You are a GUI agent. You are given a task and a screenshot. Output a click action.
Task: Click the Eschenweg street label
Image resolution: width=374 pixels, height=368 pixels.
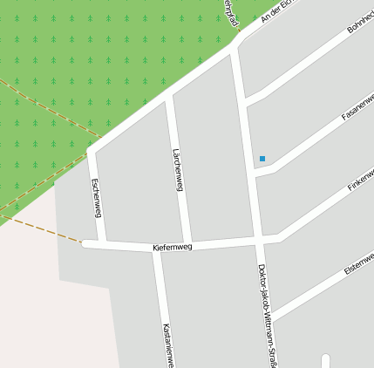point(96,199)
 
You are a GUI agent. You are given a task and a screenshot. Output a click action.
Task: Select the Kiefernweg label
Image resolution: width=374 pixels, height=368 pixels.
point(172,248)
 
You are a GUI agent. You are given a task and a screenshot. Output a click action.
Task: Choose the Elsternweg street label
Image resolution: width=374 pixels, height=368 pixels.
point(358,263)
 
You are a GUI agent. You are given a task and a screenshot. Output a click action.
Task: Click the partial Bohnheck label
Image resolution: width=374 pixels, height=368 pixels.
point(359,21)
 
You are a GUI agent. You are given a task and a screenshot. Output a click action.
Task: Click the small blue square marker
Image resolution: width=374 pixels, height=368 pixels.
point(262,159)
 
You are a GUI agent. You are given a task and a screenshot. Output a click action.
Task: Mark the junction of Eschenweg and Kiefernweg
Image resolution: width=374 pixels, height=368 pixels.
point(102,243)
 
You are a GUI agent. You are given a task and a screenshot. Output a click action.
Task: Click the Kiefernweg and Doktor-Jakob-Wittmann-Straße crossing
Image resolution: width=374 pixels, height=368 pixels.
point(260,237)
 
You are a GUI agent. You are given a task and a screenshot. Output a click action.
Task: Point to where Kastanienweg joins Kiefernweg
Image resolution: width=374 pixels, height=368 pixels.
point(157,250)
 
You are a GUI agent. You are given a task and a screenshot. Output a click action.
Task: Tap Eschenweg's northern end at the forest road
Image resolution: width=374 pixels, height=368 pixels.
point(91,151)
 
